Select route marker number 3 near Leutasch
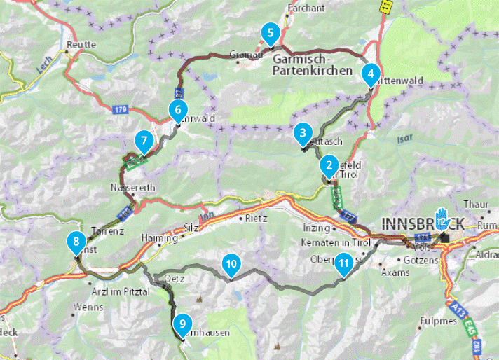coord(302,132)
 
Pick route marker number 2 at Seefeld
coord(327,165)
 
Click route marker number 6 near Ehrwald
coord(178,109)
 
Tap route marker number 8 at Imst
coord(75,243)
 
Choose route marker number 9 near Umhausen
coord(182,323)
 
